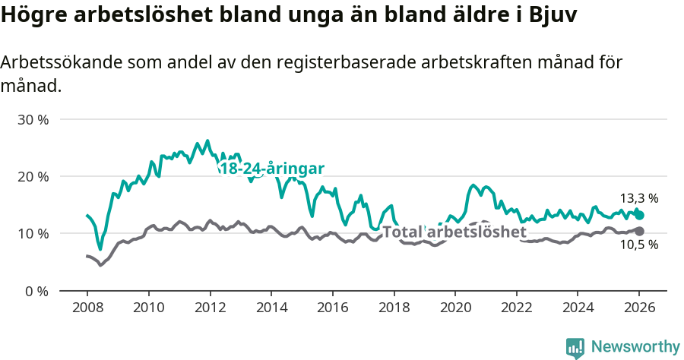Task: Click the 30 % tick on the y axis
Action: [x=33, y=120]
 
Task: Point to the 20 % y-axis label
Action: [x=33, y=177]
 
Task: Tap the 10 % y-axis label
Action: [x=33, y=234]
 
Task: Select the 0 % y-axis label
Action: [x=36, y=291]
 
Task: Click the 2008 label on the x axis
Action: [x=87, y=308]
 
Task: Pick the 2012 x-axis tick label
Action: [x=210, y=308]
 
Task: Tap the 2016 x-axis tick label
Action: [x=332, y=308]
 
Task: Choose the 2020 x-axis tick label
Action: [x=455, y=308]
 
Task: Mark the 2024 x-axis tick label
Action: [x=578, y=308]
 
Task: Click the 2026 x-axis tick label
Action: [x=639, y=308]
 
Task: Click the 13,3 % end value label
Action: [x=639, y=198]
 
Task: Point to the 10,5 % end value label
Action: [x=639, y=245]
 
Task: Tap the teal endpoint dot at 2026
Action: [x=640, y=215]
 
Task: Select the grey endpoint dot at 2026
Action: [x=640, y=231]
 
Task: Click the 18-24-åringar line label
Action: [x=272, y=168]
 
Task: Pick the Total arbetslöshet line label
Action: [x=454, y=232]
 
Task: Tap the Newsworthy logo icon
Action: [x=575, y=347]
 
